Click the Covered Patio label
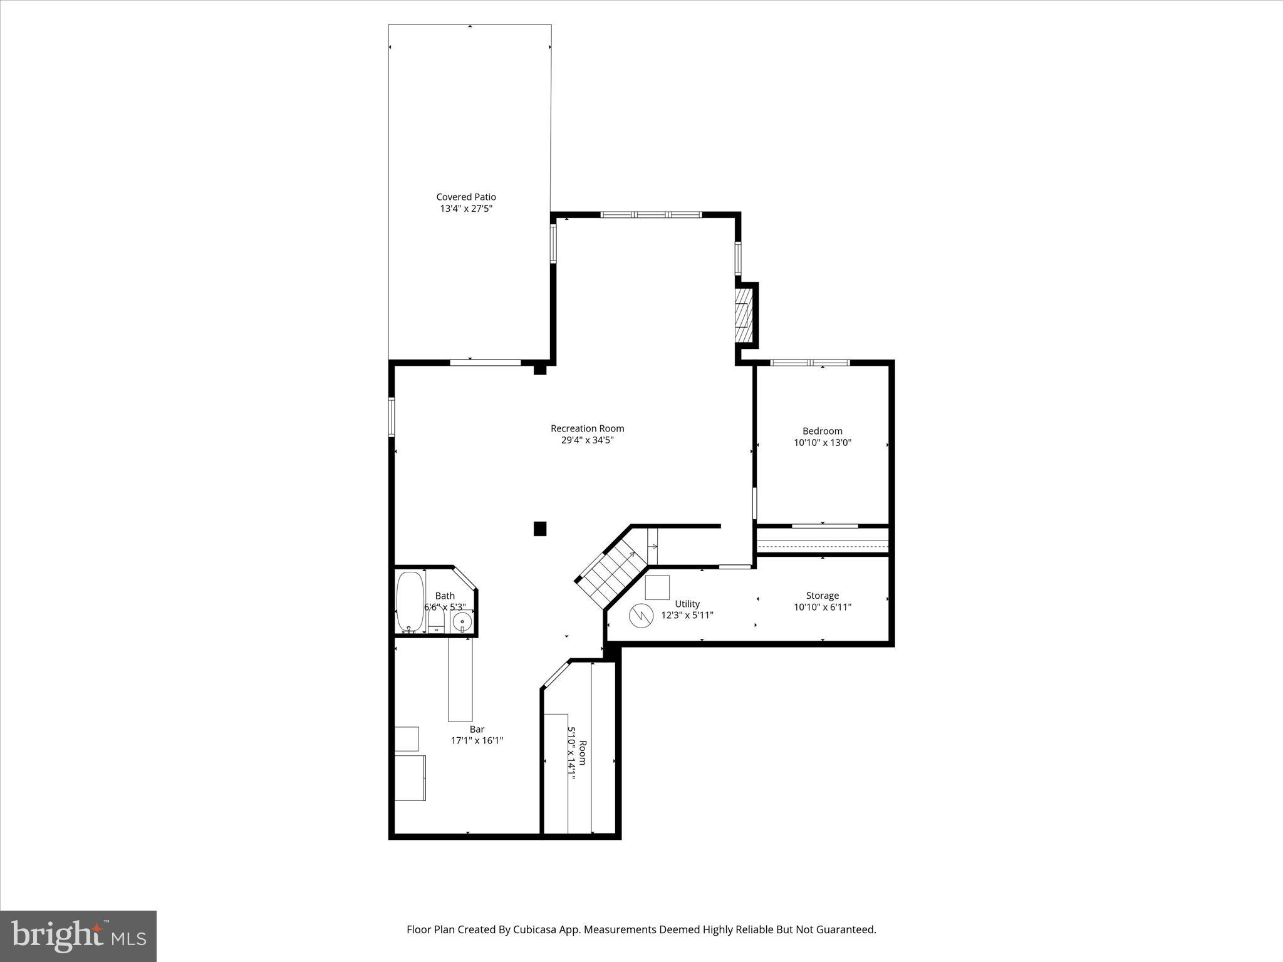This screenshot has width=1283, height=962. (466, 197)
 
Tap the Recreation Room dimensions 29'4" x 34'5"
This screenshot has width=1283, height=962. (587, 440)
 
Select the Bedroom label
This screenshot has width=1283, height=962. (822, 431)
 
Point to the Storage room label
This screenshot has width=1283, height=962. (822, 596)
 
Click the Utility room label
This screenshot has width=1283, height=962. (687, 604)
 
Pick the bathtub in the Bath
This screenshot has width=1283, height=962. (410, 601)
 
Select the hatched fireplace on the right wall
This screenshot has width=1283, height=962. (744, 314)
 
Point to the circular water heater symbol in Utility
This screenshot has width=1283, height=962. (641, 616)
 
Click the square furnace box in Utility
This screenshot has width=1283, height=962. (657, 587)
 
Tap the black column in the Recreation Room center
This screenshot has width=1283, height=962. (540, 529)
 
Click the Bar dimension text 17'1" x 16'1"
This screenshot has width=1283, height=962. (477, 741)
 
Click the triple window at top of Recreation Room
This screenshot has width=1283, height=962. (651, 215)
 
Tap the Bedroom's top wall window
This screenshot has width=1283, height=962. (809, 363)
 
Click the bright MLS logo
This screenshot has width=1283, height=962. (78, 936)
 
